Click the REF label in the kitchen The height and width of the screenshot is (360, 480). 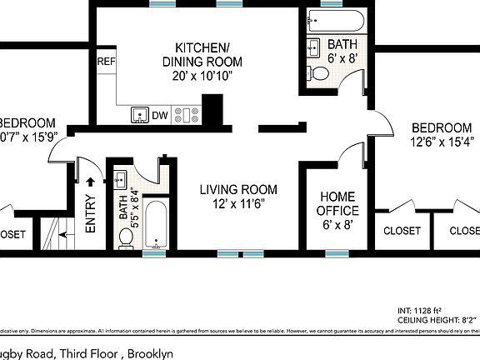point(107,62)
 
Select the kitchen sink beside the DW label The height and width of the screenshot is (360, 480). point(140,115)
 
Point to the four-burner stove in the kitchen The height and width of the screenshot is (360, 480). point(184,115)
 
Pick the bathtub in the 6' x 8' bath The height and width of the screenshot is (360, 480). point(333,19)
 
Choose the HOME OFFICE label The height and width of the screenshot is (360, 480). point(338,204)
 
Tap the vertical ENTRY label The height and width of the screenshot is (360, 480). point(90,213)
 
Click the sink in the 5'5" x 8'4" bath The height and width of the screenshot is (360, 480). point(118,177)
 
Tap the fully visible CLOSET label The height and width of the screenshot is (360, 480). point(402,231)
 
